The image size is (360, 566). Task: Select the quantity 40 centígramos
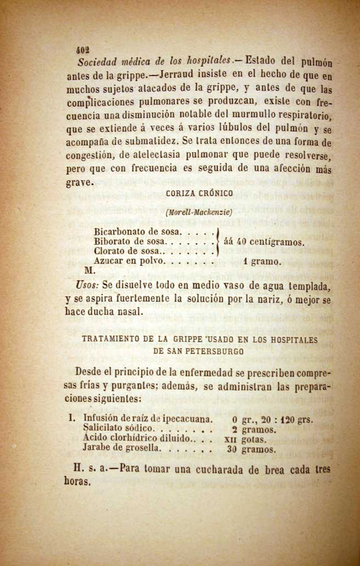pyautogui.click(x=270, y=242)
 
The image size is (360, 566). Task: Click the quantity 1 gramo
pyautogui.click(x=262, y=262)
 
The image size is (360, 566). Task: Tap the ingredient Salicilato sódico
pyautogui.click(x=119, y=430)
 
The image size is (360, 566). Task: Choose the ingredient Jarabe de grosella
pyautogui.click(x=122, y=448)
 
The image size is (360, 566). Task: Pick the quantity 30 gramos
pyautogui.click(x=252, y=449)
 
